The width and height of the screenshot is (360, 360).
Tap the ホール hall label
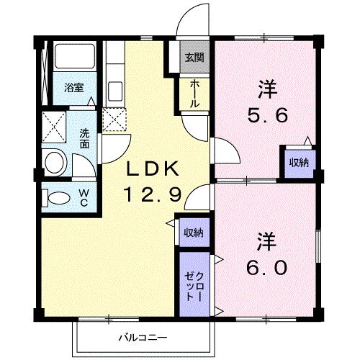point(194,94)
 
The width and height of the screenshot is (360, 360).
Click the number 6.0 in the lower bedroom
point(265,266)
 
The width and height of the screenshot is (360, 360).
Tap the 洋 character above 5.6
point(265,89)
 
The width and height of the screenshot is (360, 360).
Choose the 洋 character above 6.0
point(265,238)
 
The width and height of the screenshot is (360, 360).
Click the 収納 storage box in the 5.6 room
point(298,162)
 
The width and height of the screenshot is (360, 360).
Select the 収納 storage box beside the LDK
point(192,232)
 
